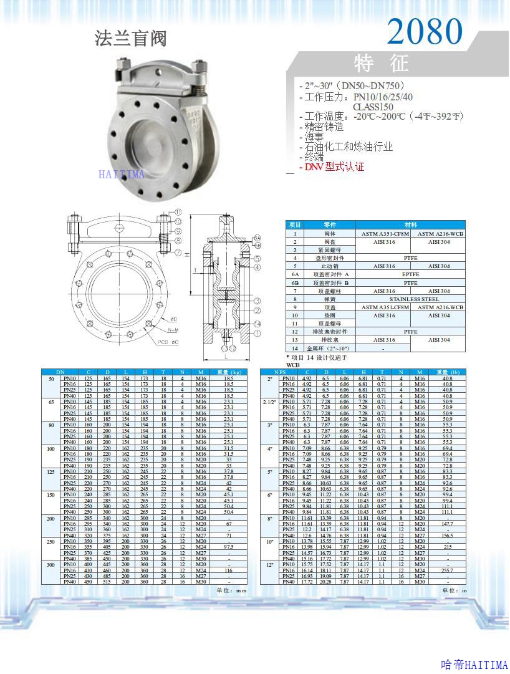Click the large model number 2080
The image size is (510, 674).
pos(425,31)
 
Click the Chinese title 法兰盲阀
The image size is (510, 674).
pos(131,39)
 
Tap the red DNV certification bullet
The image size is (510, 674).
pos(332,167)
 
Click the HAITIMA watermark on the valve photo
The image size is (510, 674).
pos(122,175)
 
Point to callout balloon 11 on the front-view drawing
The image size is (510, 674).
pos(178,212)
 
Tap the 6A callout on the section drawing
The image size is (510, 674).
pos(257,238)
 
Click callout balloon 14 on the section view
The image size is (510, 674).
pos(257,324)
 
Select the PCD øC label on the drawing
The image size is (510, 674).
pos(167,342)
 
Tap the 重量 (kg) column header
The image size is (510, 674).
pos(229,372)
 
